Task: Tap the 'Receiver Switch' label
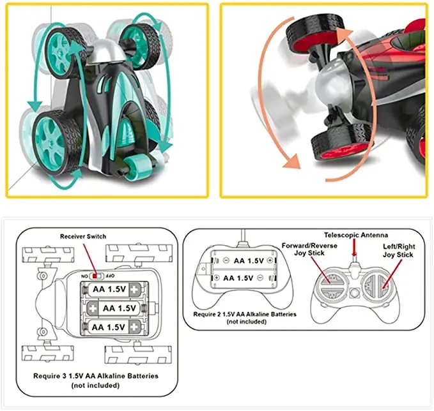tap(84, 237)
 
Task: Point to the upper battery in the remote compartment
tap(244, 261)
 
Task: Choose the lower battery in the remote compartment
tap(244, 278)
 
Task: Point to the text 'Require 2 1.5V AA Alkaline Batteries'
tap(244, 314)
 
